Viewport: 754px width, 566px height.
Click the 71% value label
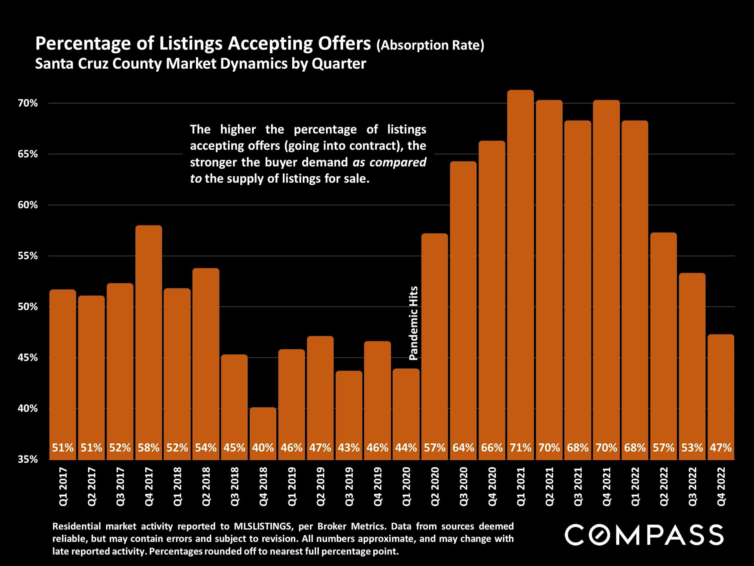click(520, 448)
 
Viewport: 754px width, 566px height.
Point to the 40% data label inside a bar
click(263, 448)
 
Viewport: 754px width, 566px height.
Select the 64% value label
click(463, 448)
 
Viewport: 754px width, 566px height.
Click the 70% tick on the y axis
click(27, 103)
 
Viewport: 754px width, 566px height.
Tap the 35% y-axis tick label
click(27, 459)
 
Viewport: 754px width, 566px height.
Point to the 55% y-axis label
click(27, 256)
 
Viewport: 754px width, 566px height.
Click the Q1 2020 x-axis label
click(406, 487)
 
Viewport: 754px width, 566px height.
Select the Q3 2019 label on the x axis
click(349, 487)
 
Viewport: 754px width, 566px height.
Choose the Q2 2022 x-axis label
click(664, 487)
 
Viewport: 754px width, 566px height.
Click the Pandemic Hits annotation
click(414, 323)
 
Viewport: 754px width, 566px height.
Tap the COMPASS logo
click(644, 535)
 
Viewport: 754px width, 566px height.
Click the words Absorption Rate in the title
click(430, 45)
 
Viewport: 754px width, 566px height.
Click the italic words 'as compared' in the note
click(389, 162)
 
